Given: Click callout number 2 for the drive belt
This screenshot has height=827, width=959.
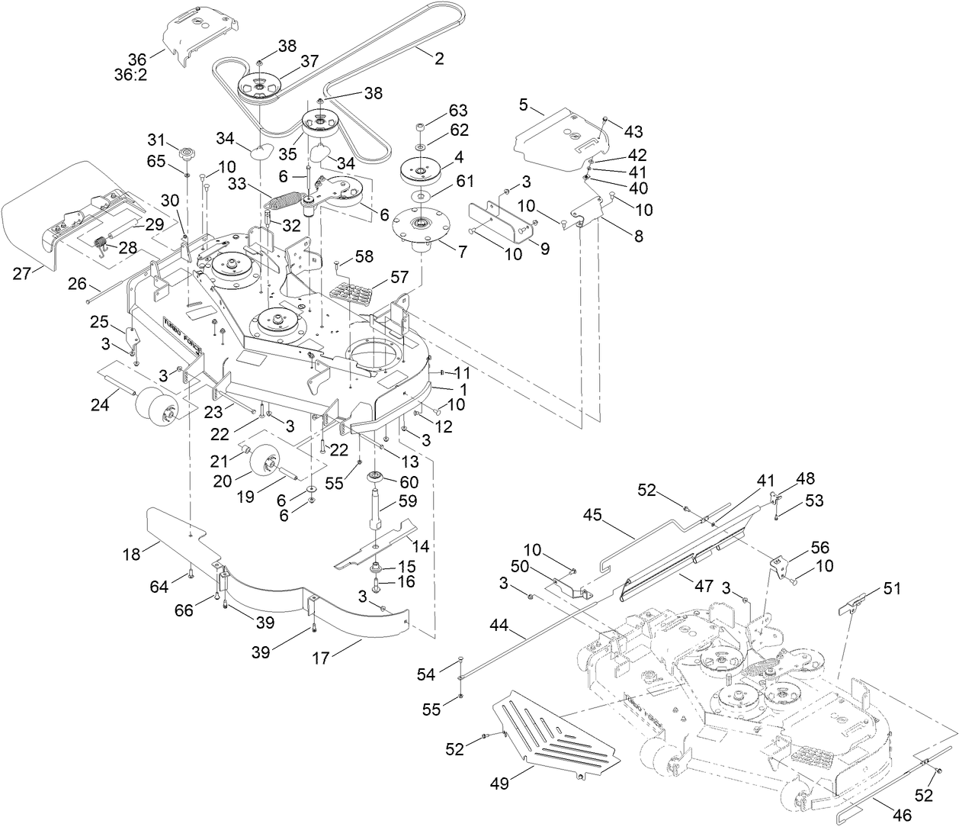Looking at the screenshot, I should (439, 58).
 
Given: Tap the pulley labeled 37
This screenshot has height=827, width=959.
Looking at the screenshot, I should (258, 88).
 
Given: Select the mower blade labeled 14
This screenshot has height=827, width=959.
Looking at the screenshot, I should (374, 543).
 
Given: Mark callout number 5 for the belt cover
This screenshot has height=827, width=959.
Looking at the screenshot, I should (523, 106).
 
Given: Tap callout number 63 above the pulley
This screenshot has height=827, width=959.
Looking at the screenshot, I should (458, 111).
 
